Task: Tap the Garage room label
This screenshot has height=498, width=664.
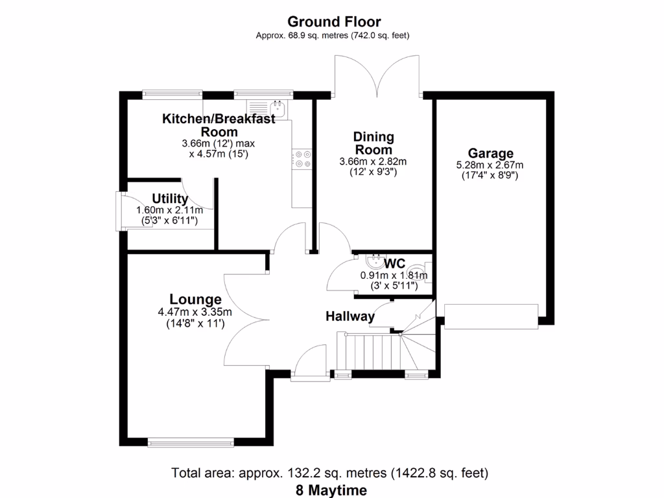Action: [x=491, y=153]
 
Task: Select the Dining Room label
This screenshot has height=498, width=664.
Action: [x=373, y=143]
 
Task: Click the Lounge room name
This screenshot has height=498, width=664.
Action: [x=195, y=299]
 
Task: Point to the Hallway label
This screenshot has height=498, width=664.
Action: [x=350, y=316]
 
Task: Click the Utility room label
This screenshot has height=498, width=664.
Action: [x=170, y=198]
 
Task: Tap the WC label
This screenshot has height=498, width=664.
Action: [x=394, y=264]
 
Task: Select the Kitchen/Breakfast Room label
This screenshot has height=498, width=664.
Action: [x=219, y=124]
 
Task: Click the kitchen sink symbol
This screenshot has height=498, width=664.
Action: [x=268, y=107]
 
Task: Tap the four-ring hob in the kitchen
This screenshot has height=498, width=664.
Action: [x=303, y=159]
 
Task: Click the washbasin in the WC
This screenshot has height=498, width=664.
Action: [x=373, y=262]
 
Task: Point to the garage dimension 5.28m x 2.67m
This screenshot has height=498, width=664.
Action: [x=490, y=165]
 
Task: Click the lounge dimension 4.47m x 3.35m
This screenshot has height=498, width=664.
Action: [x=195, y=312]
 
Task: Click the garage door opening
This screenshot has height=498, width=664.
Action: [x=491, y=315]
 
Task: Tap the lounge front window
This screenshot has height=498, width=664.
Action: [x=190, y=443]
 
